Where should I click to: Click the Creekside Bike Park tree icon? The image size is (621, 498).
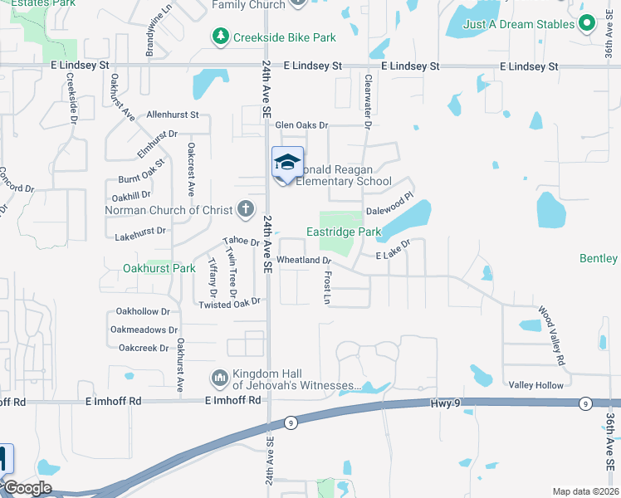(x=221, y=37)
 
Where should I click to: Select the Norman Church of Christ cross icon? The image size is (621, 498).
(x=245, y=209)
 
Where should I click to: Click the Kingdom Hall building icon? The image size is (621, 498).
(x=220, y=378)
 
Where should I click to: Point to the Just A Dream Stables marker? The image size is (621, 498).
(x=587, y=24)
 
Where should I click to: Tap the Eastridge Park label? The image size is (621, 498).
(x=344, y=232)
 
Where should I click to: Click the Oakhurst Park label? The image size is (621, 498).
(x=159, y=268)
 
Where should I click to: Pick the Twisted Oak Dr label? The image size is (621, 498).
(x=230, y=304)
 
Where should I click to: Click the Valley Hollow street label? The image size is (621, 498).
(x=535, y=385)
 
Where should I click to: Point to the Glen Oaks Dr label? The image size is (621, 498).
(x=302, y=125)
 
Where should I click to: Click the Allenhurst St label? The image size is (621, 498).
(x=172, y=115)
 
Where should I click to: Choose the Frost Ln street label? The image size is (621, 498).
(x=327, y=286)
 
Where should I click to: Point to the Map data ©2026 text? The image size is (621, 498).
(x=584, y=491)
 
